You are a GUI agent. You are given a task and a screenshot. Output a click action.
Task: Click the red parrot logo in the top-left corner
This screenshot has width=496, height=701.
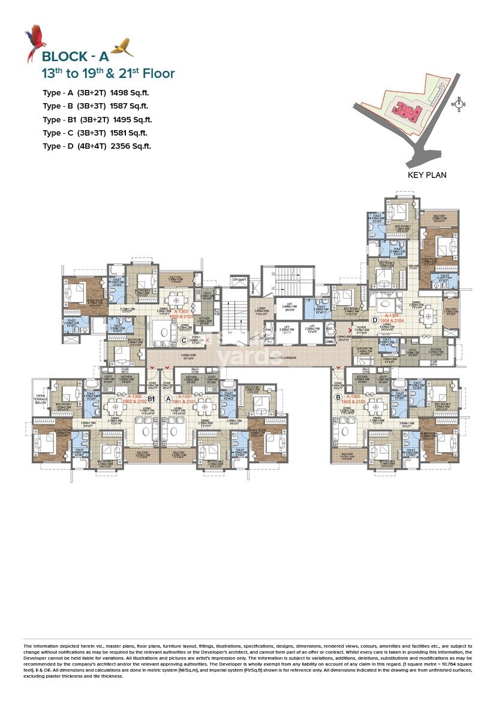pos(34,44)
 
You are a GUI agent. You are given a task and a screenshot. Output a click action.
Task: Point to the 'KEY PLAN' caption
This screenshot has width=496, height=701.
pos(426,175)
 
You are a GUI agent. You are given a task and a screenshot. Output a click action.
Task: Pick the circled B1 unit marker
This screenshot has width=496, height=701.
pos(152,398)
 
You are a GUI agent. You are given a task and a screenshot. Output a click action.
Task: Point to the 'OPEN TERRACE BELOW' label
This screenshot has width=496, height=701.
pos(40,399)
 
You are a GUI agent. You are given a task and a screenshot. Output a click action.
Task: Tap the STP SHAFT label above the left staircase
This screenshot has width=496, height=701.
pos(239,279)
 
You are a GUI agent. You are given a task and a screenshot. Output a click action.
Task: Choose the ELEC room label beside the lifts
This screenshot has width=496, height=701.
pos(329,329)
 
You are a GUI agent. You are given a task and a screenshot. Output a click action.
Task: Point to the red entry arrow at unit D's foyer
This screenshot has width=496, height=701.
pos(342,329)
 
